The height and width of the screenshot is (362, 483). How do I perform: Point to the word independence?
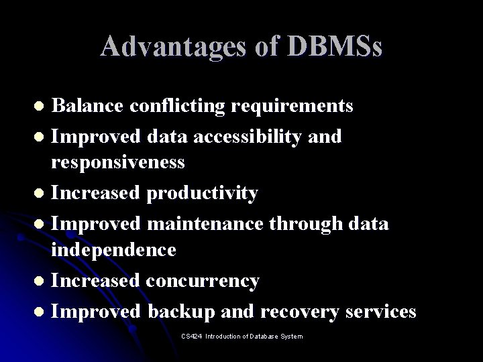click(113, 250)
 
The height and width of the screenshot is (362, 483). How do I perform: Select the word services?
click(380, 312)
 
